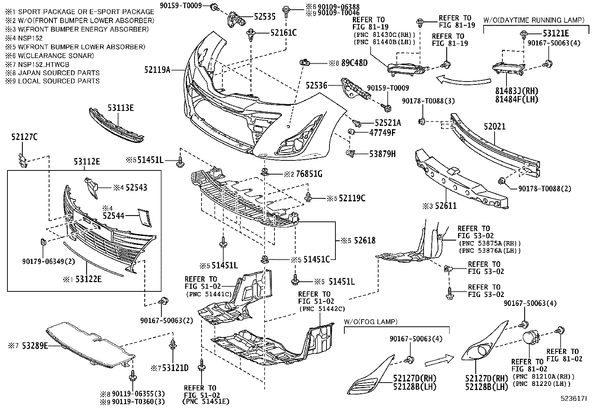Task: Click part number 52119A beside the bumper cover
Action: point(157,70)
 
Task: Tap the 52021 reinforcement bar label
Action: point(495,127)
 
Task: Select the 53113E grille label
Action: point(120,108)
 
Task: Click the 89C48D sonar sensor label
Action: point(354,63)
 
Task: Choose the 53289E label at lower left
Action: point(35,345)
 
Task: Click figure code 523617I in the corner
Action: point(573,399)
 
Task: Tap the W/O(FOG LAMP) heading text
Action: point(371,322)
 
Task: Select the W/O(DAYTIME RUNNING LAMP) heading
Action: point(534,20)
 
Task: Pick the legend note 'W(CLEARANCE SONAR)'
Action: point(56,55)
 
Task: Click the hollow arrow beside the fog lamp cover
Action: point(439,360)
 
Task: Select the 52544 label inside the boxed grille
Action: point(113,215)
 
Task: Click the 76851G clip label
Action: point(309,174)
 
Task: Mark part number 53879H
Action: point(382,154)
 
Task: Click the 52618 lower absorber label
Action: point(365,240)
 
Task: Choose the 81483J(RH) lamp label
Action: point(517,91)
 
